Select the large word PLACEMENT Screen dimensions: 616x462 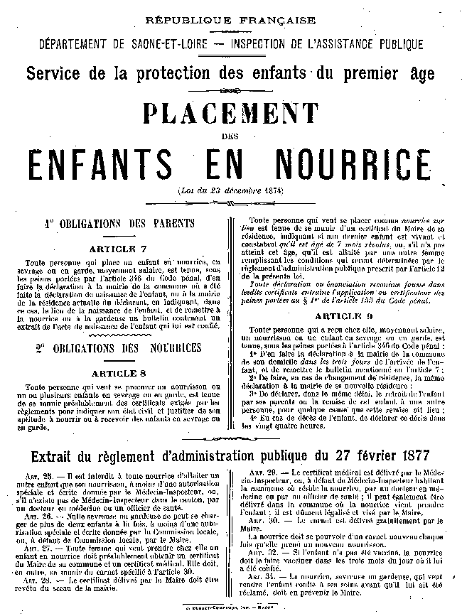[231, 114]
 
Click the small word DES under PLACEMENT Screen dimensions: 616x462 [231, 139]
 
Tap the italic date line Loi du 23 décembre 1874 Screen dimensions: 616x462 [231, 193]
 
